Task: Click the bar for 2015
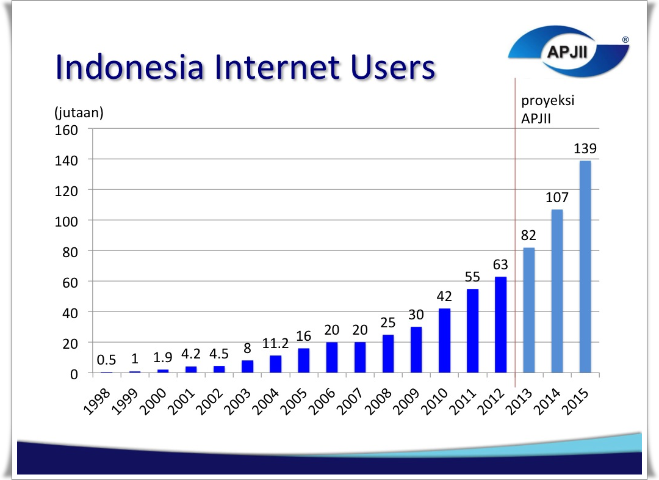click(585, 267)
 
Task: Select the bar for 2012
click(500, 325)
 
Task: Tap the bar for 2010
click(444, 341)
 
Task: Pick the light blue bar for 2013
click(528, 310)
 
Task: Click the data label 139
click(585, 148)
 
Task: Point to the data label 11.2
click(275, 344)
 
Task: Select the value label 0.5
click(106, 360)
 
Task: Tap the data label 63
click(500, 264)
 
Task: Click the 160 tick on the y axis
click(67, 131)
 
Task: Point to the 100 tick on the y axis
click(67, 222)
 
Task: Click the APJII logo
click(568, 51)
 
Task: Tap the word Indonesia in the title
click(130, 67)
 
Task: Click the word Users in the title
click(393, 67)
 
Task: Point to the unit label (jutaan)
click(79, 113)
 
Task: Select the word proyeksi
click(547, 101)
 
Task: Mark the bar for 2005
click(303, 360)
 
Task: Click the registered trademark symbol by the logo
click(625, 40)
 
